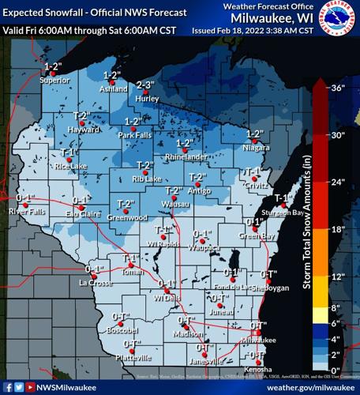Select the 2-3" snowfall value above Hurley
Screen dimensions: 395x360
pos(145,85)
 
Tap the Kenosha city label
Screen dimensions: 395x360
pos(253,370)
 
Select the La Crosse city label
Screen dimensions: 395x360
pos(92,282)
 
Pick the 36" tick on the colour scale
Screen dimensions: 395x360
pos(338,88)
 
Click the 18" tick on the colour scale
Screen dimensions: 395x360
pos(338,229)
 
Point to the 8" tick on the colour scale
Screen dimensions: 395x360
pos(338,307)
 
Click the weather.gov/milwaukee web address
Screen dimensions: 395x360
pos(309,387)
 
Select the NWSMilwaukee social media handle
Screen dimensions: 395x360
pos(64,387)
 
